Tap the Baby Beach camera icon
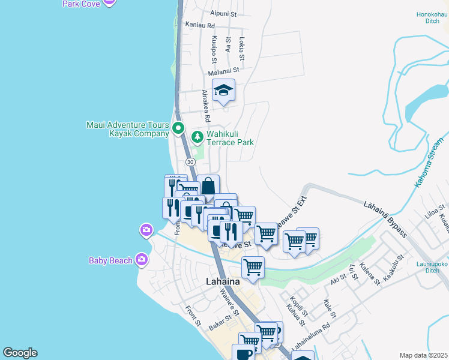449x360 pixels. click(x=142, y=259)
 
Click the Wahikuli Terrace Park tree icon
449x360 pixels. click(x=197, y=137)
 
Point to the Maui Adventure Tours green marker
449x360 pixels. click(x=178, y=128)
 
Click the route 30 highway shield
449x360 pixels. click(x=190, y=162)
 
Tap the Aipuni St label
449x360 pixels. click(x=224, y=13)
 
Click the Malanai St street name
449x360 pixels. click(x=223, y=70)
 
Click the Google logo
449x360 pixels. click(x=20, y=353)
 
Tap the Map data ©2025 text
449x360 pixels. click(x=423, y=355)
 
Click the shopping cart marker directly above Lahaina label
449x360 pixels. click(x=253, y=266)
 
